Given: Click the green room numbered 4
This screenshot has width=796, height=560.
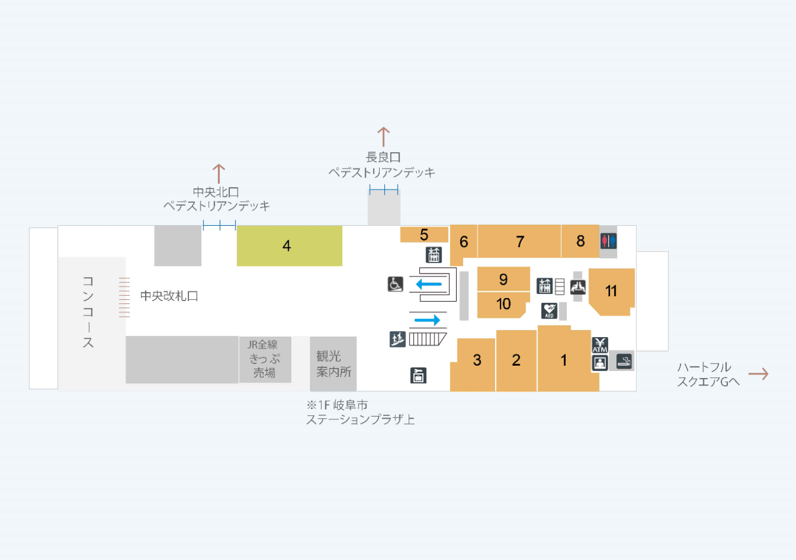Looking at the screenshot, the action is point(289,246).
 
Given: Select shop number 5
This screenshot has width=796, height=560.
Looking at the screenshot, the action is point(424,235).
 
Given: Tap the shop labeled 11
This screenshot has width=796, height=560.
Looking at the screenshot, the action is point(611,292).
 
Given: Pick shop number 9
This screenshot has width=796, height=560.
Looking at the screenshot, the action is point(503,279).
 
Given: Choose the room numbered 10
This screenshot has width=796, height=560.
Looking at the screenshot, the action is point(503,304).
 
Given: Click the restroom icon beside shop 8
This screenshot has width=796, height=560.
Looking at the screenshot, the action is point(608,241).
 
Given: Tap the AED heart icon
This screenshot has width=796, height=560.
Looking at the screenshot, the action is point(549,311).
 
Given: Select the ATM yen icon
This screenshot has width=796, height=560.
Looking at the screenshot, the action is point(600,345).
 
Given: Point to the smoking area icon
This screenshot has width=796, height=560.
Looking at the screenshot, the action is point(623,362).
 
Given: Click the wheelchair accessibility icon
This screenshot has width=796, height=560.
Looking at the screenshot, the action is point(395,284).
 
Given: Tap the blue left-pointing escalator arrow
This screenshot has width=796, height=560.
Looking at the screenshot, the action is point(429,284).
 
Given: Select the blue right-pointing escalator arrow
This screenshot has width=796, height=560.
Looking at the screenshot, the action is point(427,320).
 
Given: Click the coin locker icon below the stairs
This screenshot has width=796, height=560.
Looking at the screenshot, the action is point(418,376).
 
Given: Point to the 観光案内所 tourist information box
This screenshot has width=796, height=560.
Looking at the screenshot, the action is point(333,364).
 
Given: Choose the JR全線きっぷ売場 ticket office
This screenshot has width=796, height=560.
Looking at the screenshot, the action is point(265,359).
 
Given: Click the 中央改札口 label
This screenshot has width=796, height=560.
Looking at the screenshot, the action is point(169,296).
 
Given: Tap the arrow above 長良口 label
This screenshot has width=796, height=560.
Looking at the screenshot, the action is point(384,137).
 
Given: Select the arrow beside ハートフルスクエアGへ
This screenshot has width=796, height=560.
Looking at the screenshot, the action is point(758,374).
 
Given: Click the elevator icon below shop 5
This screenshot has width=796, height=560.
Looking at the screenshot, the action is point(433,255).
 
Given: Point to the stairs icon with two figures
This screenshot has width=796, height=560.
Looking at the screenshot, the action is point(397,339).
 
